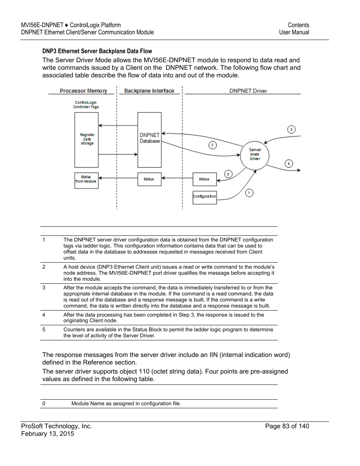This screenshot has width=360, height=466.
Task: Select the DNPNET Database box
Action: point(149,140)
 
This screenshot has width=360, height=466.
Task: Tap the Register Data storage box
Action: point(86,140)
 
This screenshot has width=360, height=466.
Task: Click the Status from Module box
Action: point(86,180)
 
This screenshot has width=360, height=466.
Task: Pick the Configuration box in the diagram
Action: point(205,197)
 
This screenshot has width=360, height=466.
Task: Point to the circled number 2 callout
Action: point(291,129)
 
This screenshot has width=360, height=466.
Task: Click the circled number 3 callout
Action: point(212,145)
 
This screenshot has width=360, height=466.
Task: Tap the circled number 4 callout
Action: point(289,163)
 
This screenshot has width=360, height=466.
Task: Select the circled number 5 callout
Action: point(228,174)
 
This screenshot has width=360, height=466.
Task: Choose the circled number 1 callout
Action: point(249,193)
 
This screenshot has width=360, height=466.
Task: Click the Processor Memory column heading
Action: point(83,91)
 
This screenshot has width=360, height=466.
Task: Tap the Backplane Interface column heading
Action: point(149,91)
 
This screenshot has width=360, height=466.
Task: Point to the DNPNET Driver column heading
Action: point(248,91)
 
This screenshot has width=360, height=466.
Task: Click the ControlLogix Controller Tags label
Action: point(86,105)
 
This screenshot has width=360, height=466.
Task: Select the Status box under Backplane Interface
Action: point(149,179)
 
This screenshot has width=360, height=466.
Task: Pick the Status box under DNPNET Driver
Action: point(205,179)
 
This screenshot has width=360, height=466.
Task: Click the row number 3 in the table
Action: point(44,288)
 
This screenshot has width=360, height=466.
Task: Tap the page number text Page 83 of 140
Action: point(287,426)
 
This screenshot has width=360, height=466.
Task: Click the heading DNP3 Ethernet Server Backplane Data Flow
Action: point(97,51)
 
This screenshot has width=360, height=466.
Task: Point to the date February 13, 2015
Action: point(48,434)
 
